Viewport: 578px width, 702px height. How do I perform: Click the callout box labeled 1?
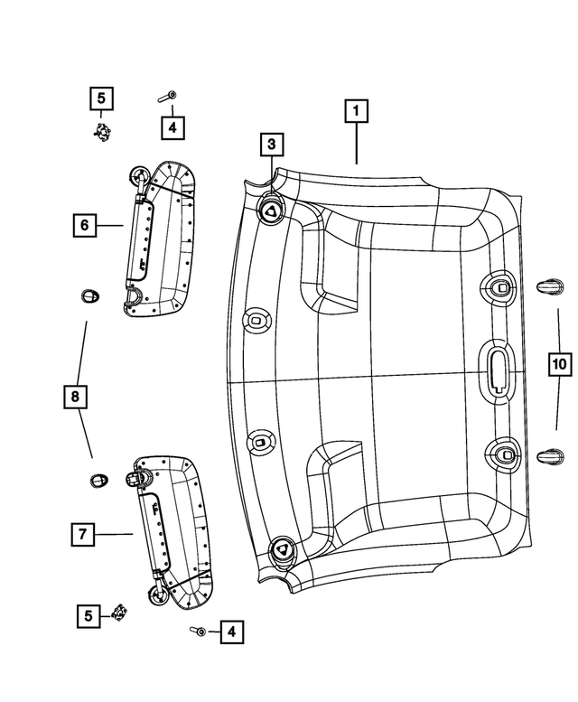point(357,112)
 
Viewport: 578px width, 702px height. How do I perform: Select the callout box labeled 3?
point(271,144)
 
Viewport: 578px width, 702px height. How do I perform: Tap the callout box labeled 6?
point(83,225)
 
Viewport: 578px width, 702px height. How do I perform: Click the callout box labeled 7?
point(82,535)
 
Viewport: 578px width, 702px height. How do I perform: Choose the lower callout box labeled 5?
point(89,616)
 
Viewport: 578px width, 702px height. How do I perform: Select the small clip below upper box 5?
point(104,132)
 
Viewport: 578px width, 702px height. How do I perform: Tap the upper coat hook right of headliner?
point(549,286)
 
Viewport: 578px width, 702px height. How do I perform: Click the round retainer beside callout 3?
point(271,211)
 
